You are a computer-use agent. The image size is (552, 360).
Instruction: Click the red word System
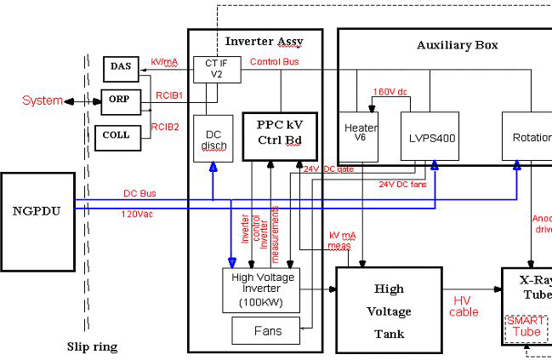pos(43,100)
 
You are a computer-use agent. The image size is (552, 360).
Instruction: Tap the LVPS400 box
pos(430,136)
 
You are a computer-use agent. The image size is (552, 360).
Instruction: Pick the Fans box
pos(266,329)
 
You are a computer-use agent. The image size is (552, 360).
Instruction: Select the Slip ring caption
pos(92,346)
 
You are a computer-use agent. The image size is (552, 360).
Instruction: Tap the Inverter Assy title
pos(264,40)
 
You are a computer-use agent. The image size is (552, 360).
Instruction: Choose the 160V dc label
pos(390,92)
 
